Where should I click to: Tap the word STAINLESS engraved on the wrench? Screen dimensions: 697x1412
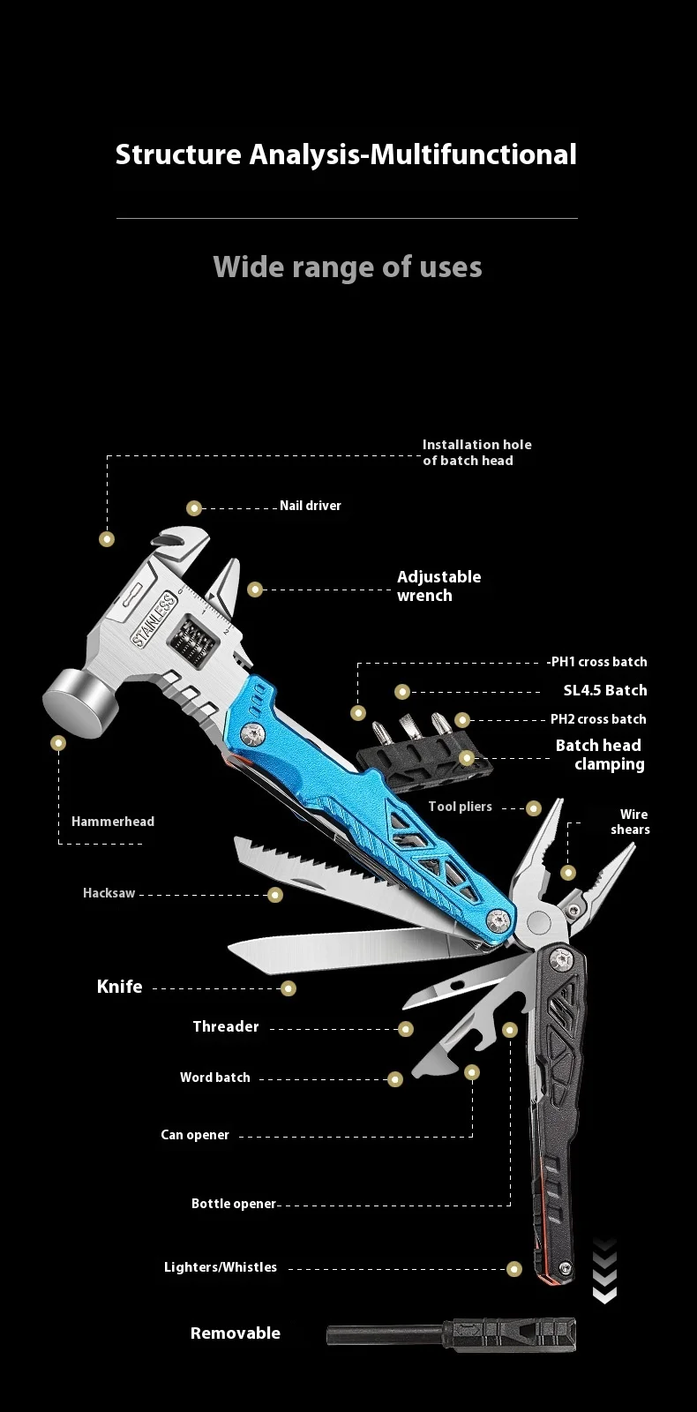[x=154, y=620]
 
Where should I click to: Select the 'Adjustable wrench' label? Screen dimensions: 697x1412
[x=438, y=586]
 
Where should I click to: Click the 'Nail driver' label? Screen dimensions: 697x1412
[x=310, y=506]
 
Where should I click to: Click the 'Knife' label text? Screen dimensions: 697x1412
[x=119, y=987]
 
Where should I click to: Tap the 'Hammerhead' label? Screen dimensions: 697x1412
[x=113, y=822]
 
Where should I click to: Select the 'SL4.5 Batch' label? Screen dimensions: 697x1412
[x=605, y=690]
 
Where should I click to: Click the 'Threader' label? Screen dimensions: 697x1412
[x=226, y=1026]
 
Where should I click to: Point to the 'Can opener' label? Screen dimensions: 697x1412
[x=195, y=1135]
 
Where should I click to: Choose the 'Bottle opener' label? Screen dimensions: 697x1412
[x=234, y=1204]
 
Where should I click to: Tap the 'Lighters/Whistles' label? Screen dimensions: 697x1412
[x=221, y=1267]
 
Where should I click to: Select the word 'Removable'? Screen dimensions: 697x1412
[x=236, y=1333]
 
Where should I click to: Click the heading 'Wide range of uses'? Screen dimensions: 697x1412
[x=348, y=267]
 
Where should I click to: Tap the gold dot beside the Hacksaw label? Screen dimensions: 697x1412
[x=275, y=895]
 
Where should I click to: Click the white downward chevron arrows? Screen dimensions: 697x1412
[x=604, y=1272]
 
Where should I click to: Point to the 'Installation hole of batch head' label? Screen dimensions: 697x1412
[x=476, y=452]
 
